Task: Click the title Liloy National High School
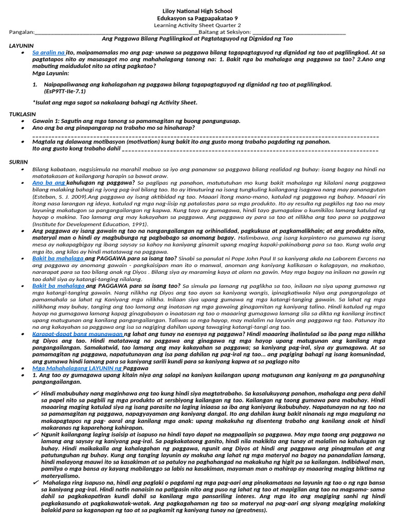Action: (197, 11)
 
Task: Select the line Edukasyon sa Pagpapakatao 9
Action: (197, 18)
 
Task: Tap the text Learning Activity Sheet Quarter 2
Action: (197, 25)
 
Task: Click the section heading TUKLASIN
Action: (23, 114)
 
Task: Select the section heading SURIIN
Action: (18, 162)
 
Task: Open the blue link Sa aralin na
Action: (48, 52)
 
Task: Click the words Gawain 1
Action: (44, 121)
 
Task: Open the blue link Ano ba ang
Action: (48, 183)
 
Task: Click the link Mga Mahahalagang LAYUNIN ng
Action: (77, 368)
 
